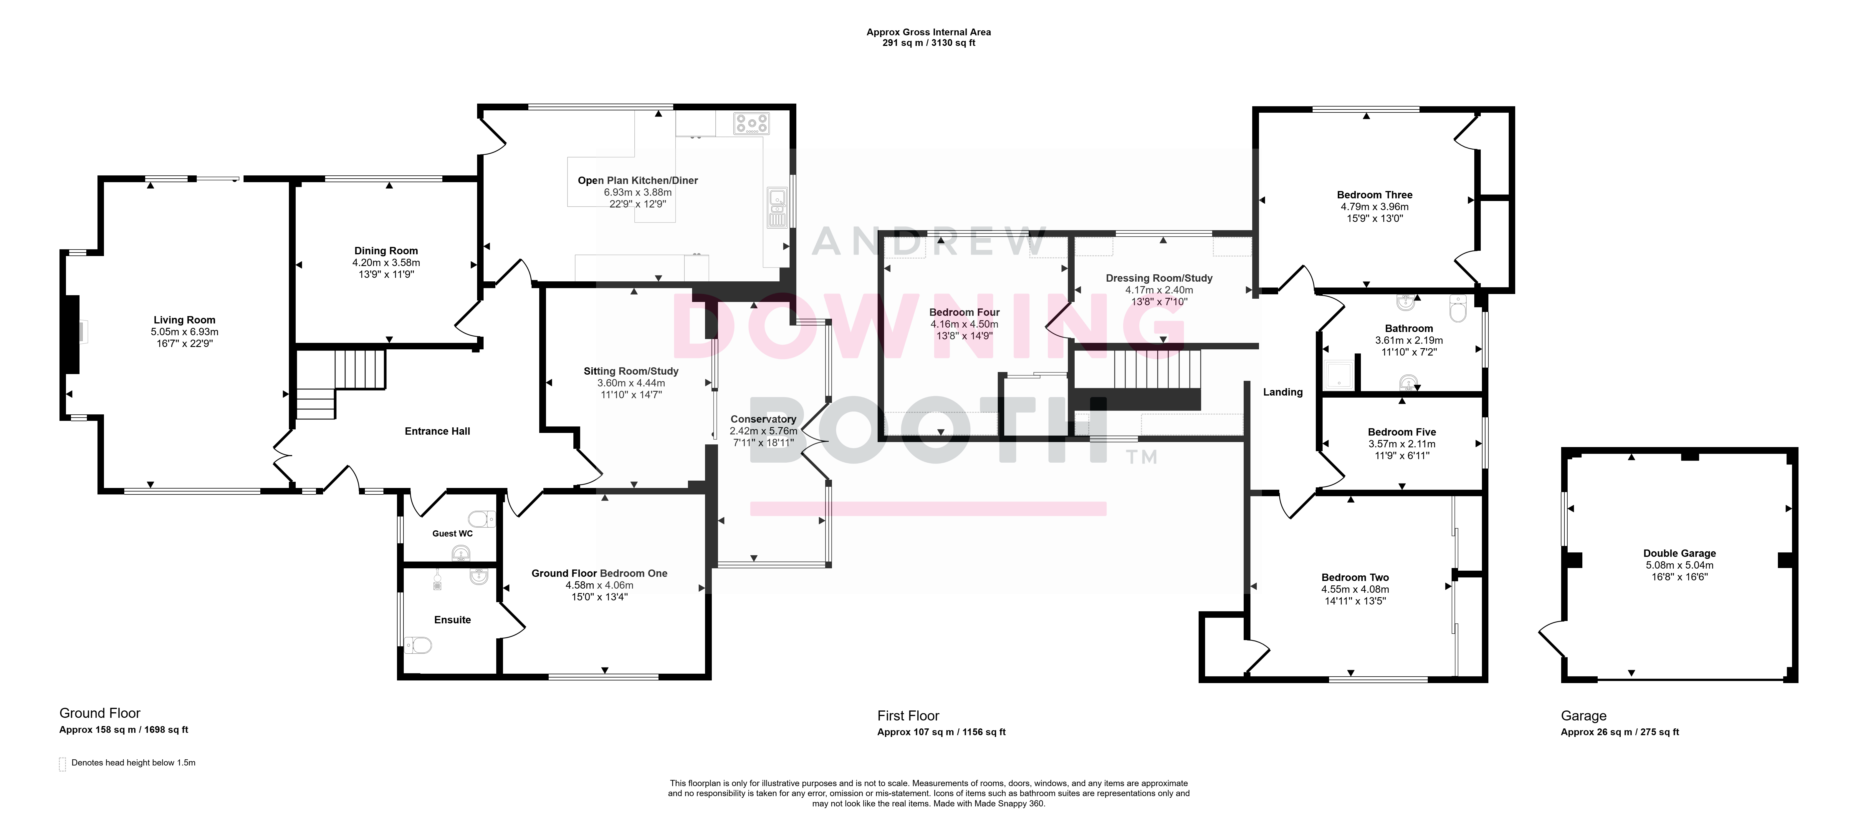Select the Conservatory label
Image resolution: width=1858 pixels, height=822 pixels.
[x=763, y=419]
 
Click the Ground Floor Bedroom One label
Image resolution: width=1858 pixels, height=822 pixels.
[x=599, y=573]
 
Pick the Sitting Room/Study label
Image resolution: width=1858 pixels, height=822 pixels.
[x=631, y=371]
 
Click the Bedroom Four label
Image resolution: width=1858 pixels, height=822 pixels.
[x=964, y=312]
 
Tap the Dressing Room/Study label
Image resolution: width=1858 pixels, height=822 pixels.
[x=1159, y=278]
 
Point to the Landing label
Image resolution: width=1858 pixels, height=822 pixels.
[x=1283, y=392]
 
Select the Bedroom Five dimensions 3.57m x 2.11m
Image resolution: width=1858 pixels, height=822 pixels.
[x=1402, y=444]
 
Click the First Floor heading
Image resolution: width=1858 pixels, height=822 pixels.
[x=908, y=716]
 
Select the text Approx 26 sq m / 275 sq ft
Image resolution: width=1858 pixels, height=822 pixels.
[x=1620, y=732]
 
